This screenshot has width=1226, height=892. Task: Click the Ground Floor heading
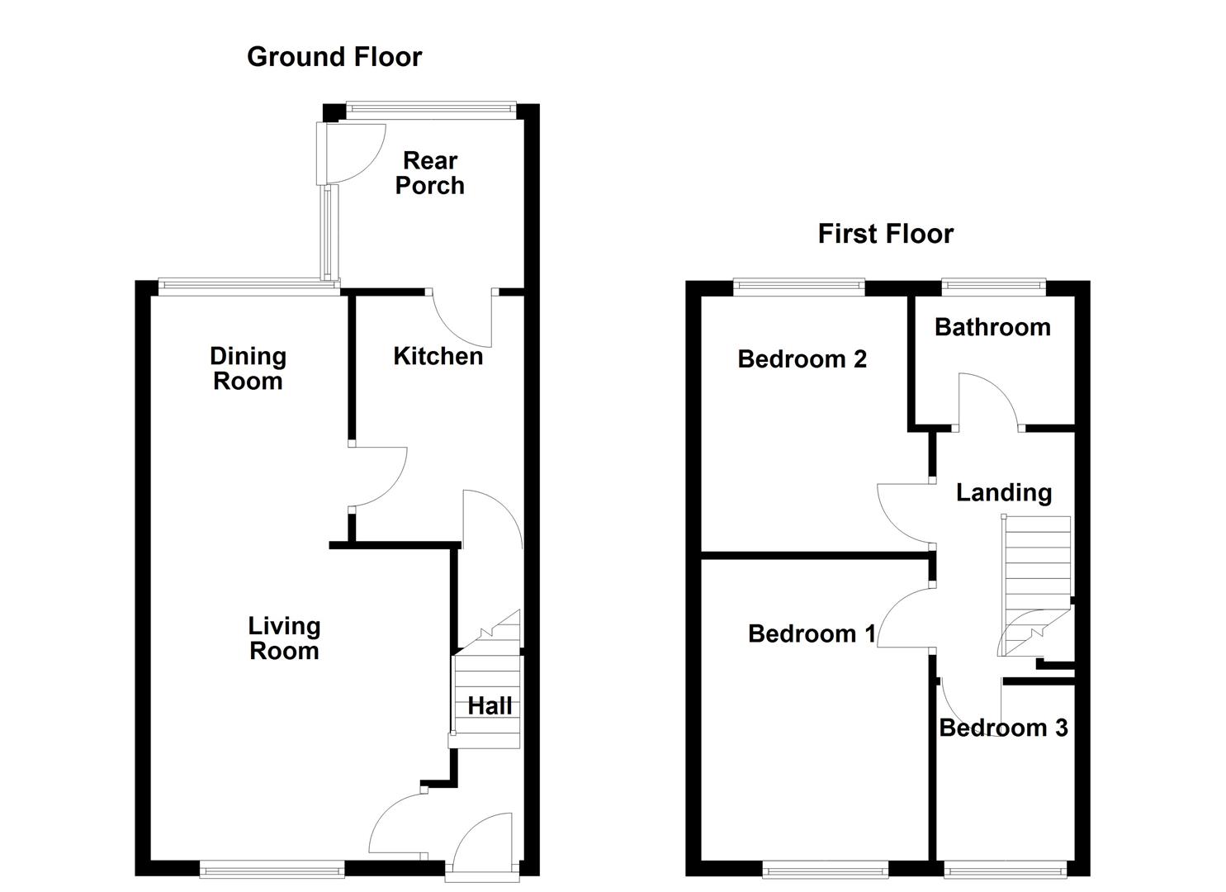[334, 57]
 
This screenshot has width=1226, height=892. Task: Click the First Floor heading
[885, 234]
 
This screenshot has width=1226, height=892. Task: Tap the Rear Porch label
[429, 173]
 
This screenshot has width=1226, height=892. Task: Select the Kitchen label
[438, 356]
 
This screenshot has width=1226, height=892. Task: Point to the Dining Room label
[248, 368]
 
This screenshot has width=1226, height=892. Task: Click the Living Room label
[284, 638]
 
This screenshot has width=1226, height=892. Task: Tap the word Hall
[490, 706]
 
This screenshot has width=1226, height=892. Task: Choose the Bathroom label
[992, 327]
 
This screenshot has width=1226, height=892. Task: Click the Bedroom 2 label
[802, 359]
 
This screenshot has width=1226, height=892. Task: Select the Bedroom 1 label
[812, 633]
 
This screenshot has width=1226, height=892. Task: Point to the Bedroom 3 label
[1003, 728]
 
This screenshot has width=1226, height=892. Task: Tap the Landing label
[1004, 493]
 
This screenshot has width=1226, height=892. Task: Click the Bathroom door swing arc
[989, 400]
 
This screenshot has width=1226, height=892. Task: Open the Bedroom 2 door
[902, 515]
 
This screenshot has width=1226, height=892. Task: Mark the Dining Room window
[248, 287]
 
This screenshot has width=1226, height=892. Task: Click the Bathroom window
[993, 287]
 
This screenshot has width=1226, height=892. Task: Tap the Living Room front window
[272, 868]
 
